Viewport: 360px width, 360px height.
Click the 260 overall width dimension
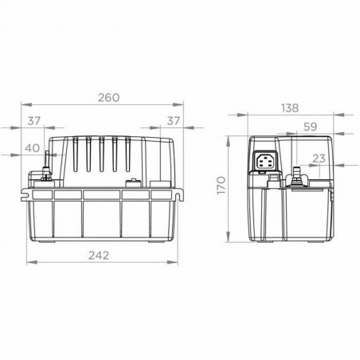(108, 97)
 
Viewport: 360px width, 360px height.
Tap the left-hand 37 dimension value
(33, 120)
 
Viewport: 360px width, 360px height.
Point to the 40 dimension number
(33, 147)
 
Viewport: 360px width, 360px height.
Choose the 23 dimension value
(319, 158)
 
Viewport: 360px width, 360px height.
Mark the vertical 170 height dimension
(222, 189)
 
